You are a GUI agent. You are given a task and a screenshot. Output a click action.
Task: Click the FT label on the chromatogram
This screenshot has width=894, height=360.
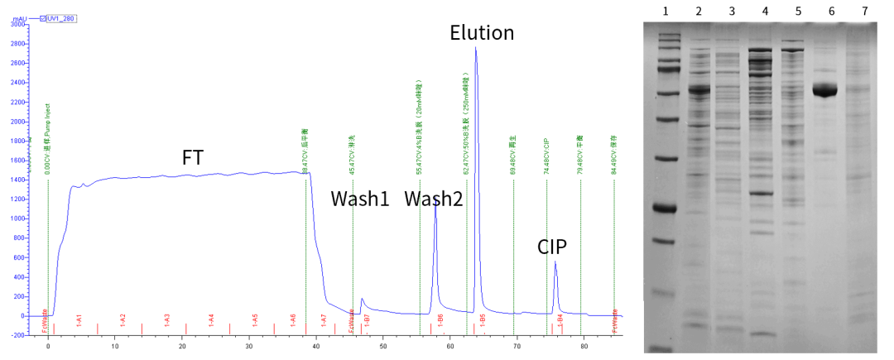(193, 158)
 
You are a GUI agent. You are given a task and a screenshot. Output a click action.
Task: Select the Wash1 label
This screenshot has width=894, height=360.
(360, 199)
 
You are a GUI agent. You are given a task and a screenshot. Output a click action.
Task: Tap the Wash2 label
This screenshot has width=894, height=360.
(434, 199)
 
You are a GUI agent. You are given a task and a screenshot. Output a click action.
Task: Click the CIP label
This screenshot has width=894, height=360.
(552, 247)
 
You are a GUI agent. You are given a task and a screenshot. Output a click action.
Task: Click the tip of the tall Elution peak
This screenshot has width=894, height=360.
(476, 48)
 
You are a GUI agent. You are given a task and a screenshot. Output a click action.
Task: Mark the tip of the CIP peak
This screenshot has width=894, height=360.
(555, 262)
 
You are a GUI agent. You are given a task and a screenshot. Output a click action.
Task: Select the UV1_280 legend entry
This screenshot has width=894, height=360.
(61, 17)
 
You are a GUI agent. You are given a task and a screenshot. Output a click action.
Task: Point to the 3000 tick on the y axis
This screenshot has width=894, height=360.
(15, 24)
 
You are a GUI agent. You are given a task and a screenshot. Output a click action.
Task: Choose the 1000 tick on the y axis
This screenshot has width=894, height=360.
(15, 218)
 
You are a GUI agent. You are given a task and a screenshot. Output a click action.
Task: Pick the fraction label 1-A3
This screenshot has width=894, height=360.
(166, 318)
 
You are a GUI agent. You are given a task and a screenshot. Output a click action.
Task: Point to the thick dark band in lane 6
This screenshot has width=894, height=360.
(824, 90)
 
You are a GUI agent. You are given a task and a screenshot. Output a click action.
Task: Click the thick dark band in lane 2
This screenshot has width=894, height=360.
(700, 89)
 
